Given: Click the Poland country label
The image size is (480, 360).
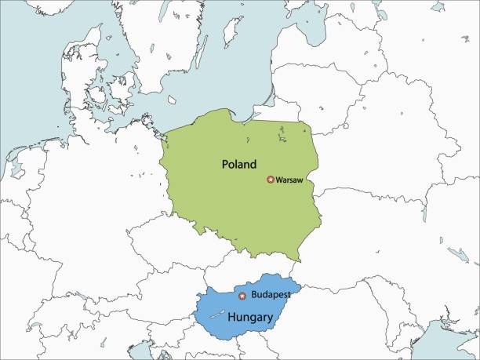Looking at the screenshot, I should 239,165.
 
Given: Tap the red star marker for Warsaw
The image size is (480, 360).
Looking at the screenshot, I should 271,180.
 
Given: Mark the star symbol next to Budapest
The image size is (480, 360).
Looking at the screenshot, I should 242,296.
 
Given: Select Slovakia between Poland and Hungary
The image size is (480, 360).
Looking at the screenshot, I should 251,271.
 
